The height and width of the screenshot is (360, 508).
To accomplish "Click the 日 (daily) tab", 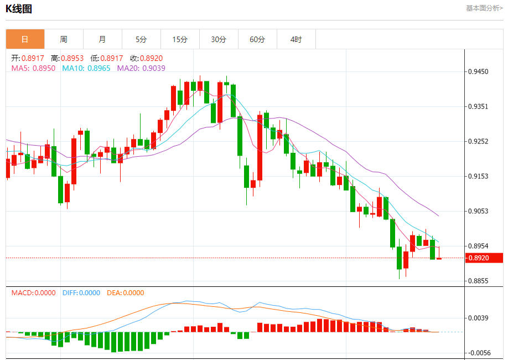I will (25, 39).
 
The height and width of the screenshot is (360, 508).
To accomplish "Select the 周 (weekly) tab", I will (64, 39).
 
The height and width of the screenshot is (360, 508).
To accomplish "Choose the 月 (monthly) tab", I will (102, 39).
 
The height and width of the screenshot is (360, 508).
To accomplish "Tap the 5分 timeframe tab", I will (141, 39).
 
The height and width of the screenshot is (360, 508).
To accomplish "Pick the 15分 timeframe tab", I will (180, 39).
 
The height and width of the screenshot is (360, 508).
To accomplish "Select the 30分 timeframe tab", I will (219, 39).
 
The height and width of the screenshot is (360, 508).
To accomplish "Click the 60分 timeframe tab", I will (257, 39).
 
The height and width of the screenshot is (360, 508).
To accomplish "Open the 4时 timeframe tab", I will (296, 39).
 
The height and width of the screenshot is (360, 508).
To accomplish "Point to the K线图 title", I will (19, 9).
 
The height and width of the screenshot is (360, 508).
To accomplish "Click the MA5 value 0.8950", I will (44, 68).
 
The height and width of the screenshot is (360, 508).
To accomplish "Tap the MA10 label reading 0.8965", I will (99, 68).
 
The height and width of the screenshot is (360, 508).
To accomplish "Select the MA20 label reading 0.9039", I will (153, 68).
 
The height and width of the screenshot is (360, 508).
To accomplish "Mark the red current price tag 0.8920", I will (483, 258).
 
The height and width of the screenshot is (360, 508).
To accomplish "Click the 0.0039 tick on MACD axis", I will (479, 318).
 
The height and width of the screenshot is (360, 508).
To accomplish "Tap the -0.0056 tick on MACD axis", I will (479, 353).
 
